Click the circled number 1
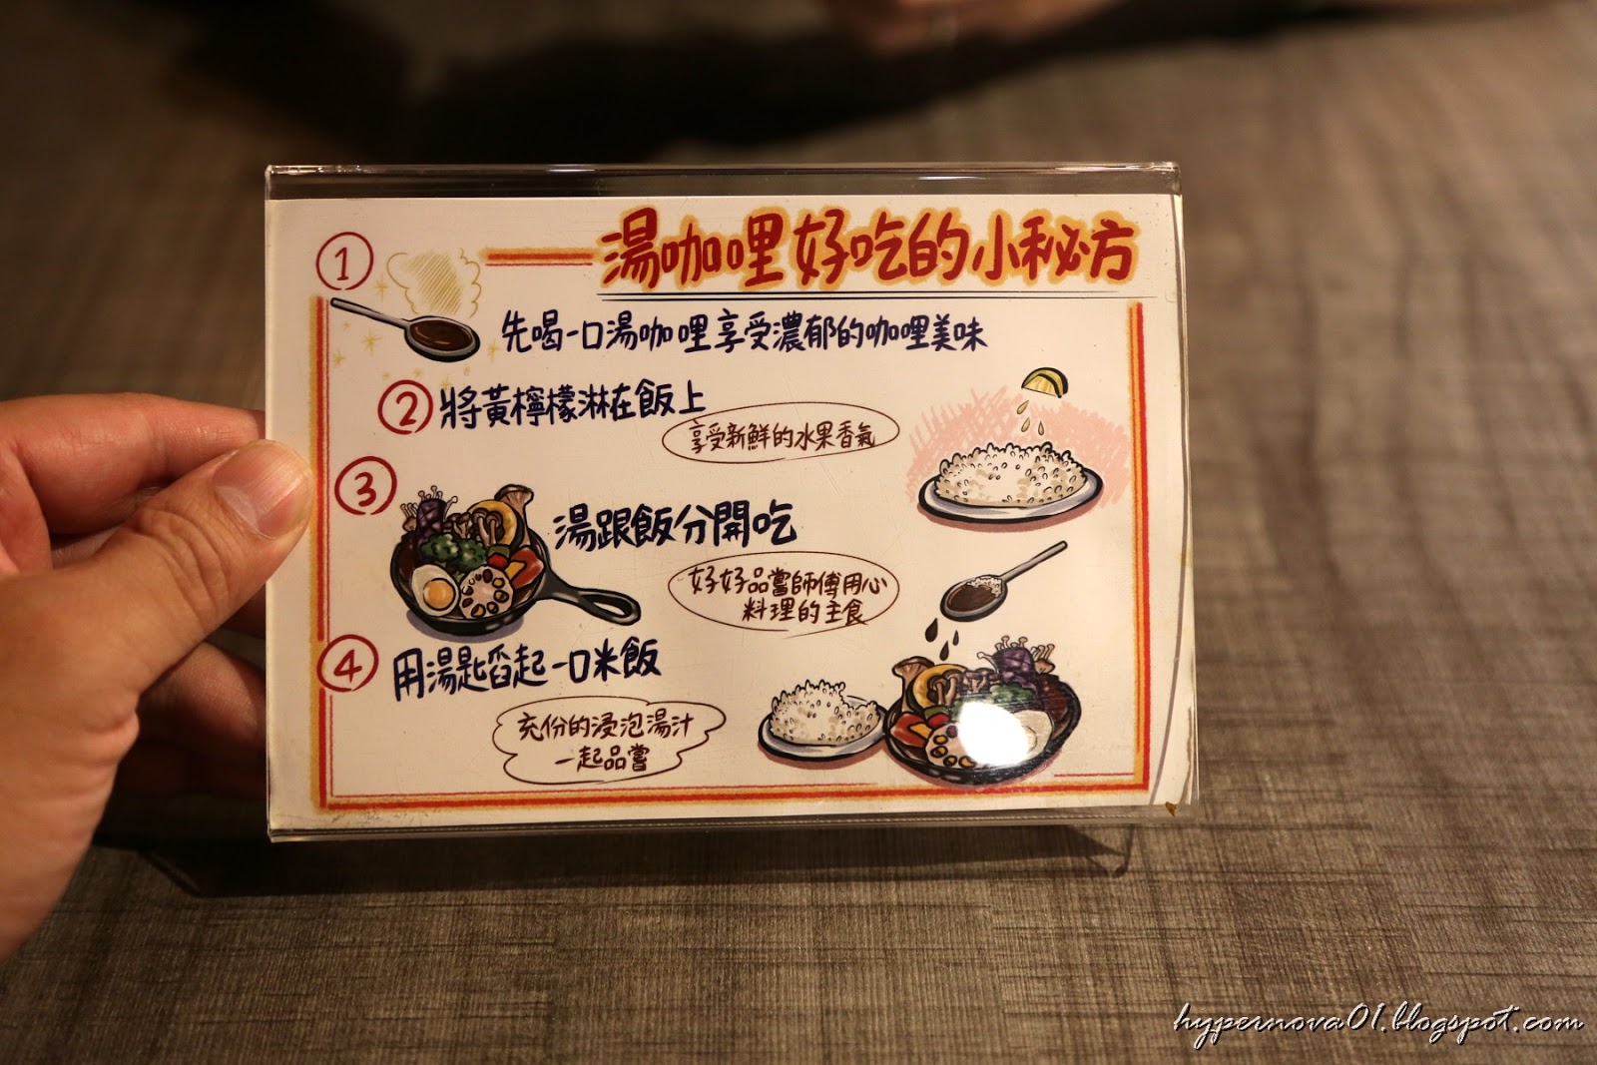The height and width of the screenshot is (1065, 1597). pos(345,263)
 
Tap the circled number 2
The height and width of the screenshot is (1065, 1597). pos(405,407)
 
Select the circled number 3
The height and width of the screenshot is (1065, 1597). pos(365,486)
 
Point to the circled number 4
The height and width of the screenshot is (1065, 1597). pos(347,666)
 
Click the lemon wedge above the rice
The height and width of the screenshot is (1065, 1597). pos(1046,382)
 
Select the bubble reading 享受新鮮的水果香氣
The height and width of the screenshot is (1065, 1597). pos(780,434)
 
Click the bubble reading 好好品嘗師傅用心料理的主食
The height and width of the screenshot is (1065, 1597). pos(783,597)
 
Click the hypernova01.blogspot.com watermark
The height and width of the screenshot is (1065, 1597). pos(1377,1024)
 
